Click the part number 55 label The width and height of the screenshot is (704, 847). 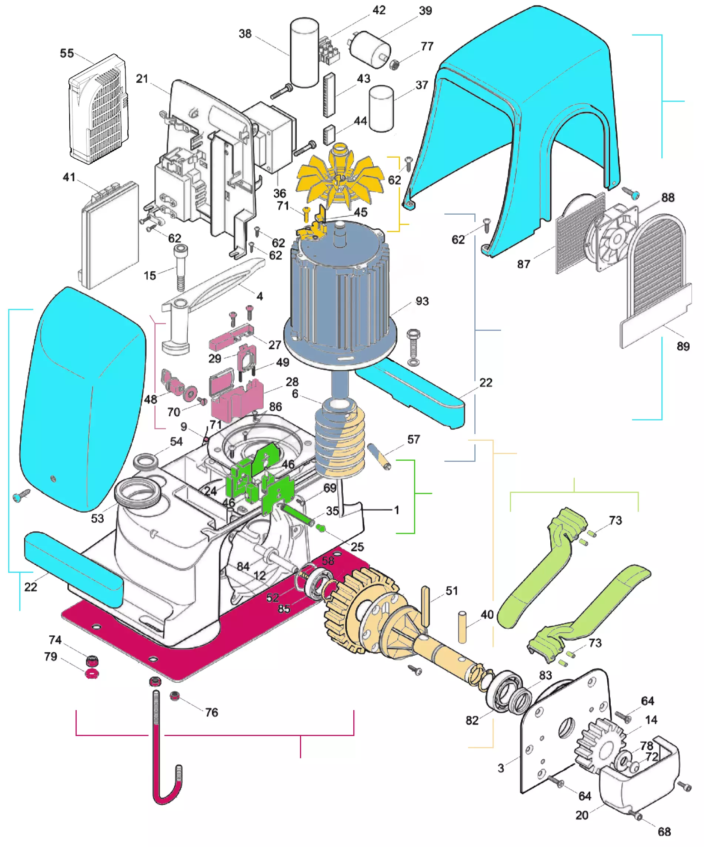pyautogui.click(x=67, y=53)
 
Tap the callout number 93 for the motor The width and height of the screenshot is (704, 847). pyautogui.click(x=422, y=301)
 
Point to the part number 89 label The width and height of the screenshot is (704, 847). pyautogui.click(x=683, y=346)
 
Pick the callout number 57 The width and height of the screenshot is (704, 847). pyautogui.click(x=413, y=439)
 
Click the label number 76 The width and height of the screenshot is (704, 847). pyautogui.click(x=211, y=712)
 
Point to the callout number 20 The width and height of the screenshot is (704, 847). pyautogui.click(x=582, y=815)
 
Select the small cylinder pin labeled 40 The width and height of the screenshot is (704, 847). pyautogui.click(x=462, y=627)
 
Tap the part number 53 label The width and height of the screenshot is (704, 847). pyautogui.click(x=97, y=518)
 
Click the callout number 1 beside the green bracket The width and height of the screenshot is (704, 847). pyautogui.click(x=396, y=510)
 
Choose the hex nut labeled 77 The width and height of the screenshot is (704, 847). pyautogui.click(x=395, y=64)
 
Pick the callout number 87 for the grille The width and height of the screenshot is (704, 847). pyautogui.click(x=524, y=264)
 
